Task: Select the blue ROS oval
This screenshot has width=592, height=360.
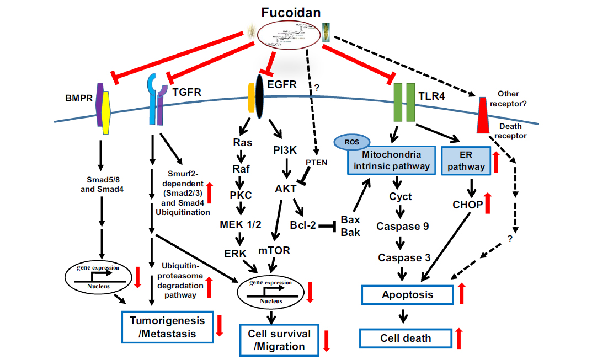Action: pos(349,141)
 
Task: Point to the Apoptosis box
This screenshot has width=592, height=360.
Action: pos(408,294)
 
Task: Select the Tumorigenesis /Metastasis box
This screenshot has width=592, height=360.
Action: pos(167,326)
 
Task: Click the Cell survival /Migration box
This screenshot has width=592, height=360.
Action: pos(279,340)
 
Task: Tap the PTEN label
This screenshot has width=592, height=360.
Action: pos(317,163)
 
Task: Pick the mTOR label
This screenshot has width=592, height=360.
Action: pos(274,250)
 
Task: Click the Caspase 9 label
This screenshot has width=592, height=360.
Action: pos(402,226)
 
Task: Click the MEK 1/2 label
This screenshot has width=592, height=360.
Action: pos(241,224)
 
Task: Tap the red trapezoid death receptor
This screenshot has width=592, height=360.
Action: pos(483,116)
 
